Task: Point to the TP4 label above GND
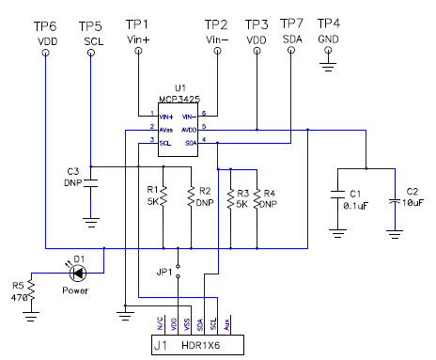[x=329, y=22]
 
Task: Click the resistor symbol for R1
[x=163, y=196]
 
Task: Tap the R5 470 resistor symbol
[x=31, y=291]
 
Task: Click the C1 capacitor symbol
[x=337, y=198]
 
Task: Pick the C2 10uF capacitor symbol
[x=397, y=198]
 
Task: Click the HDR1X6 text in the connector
[x=205, y=347]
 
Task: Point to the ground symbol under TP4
[x=329, y=65]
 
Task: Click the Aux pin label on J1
[x=231, y=324]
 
